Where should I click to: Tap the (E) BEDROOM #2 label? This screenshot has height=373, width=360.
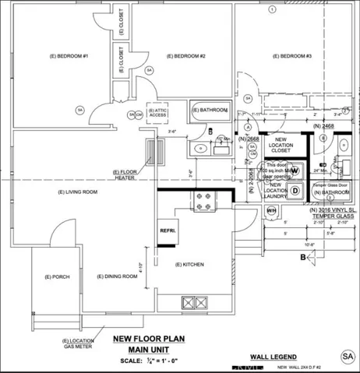point(184,57)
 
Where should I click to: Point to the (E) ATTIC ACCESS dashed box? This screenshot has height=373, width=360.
point(160,113)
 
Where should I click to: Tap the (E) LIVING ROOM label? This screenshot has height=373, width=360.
point(78,192)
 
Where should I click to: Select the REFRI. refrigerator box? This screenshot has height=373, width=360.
point(167,231)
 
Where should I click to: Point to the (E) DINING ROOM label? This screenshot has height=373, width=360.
point(117,276)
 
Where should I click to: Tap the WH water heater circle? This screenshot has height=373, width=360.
point(272,211)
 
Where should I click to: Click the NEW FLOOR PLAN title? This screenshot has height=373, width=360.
point(148,339)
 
